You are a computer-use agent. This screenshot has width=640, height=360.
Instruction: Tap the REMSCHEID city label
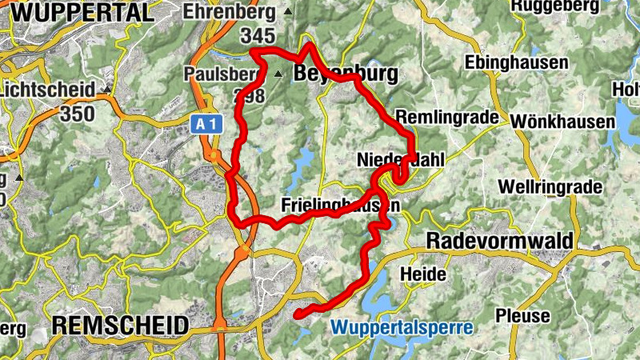[120, 325]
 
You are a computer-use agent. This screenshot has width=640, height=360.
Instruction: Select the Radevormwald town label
[500, 242]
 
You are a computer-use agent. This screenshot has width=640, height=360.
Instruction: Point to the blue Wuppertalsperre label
[402, 327]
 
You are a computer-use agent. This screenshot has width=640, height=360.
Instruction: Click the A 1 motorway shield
[205, 123]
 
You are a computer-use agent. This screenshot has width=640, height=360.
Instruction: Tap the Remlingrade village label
[452, 117]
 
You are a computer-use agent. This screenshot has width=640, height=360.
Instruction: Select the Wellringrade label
[549, 187]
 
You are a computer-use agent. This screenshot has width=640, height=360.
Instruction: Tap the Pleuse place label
[523, 315]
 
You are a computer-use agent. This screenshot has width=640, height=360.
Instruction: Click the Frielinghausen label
[340, 205]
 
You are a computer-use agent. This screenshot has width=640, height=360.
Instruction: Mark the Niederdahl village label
[399, 160]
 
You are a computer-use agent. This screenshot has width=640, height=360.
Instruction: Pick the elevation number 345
[257, 36]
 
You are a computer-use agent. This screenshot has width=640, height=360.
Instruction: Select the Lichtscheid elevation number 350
[77, 113]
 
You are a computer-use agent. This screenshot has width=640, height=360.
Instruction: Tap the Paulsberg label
[223, 74]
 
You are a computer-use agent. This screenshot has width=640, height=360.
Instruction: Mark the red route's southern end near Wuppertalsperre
[298, 314]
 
